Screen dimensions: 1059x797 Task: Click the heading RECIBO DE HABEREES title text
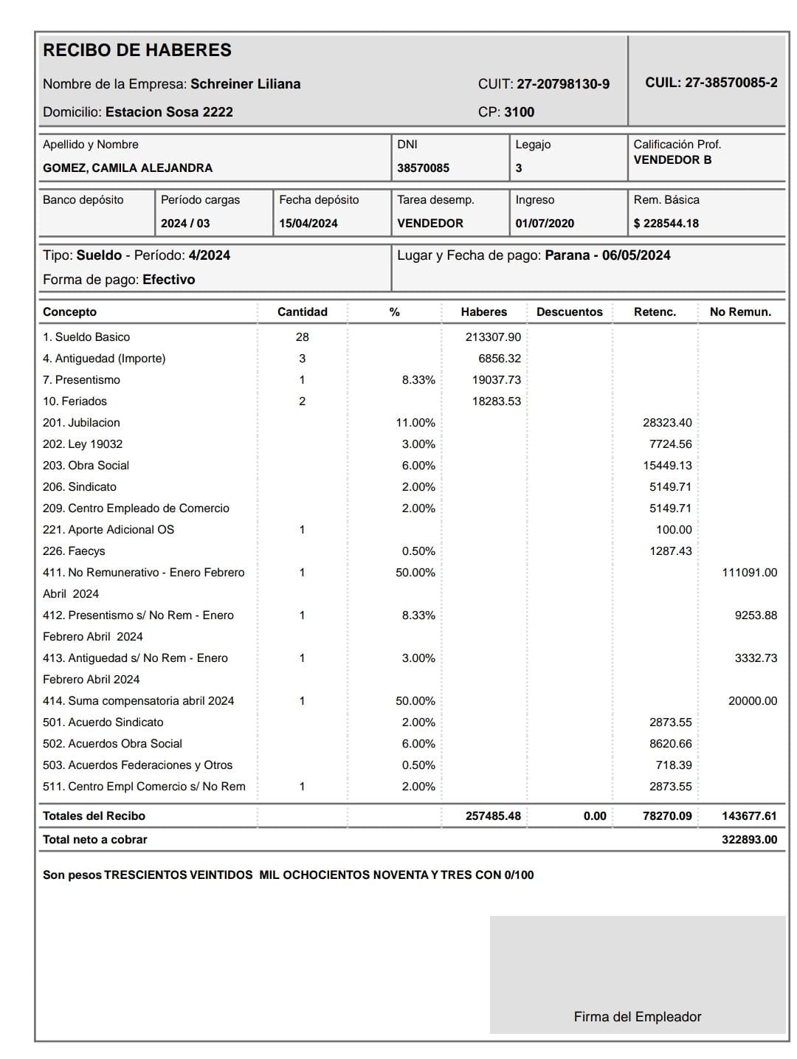(x=137, y=50)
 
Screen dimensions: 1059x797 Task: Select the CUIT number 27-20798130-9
(x=563, y=84)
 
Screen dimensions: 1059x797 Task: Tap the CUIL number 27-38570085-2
(x=731, y=83)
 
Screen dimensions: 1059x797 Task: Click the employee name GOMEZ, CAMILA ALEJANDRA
(x=128, y=168)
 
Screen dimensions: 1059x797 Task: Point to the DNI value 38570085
(x=423, y=168)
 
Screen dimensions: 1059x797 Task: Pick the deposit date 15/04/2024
(x=308, y=224)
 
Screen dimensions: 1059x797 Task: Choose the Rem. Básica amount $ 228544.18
(x=666, y=224)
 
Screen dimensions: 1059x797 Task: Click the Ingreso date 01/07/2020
(x=545, y=224)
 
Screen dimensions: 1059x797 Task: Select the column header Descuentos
(x=569, y=312)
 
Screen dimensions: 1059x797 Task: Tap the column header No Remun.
(x=740, y=312)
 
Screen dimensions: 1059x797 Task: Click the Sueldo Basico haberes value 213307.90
(x=493, y=337)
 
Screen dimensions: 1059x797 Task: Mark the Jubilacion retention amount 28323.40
(x=667, y=423)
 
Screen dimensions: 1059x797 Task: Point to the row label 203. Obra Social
(x=86, y=466)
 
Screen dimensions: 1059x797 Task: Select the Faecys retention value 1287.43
(x=670, y=551)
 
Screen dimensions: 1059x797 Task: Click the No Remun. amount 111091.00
(x=749, y=573)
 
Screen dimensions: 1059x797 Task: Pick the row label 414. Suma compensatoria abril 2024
(x=138, y=701)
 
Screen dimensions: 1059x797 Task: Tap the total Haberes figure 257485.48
(x=493, y=816)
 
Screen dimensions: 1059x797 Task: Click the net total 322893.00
(x=749, y=840)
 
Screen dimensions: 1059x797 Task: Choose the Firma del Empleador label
(x=638, y=1017)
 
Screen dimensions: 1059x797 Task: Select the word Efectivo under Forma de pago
(x=168, y=280)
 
